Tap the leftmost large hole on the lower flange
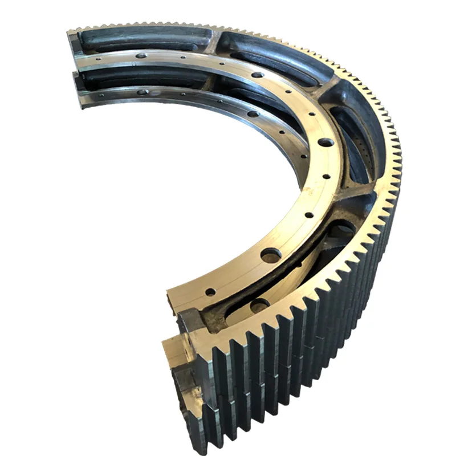pos(143,92)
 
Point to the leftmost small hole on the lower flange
pos(100,95)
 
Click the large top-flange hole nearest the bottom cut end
pos(271,254)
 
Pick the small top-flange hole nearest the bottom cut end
pos(210,292)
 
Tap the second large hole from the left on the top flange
pos(258,74)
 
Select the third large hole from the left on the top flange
pos(325,142)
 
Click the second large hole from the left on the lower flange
pos(253,113)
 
